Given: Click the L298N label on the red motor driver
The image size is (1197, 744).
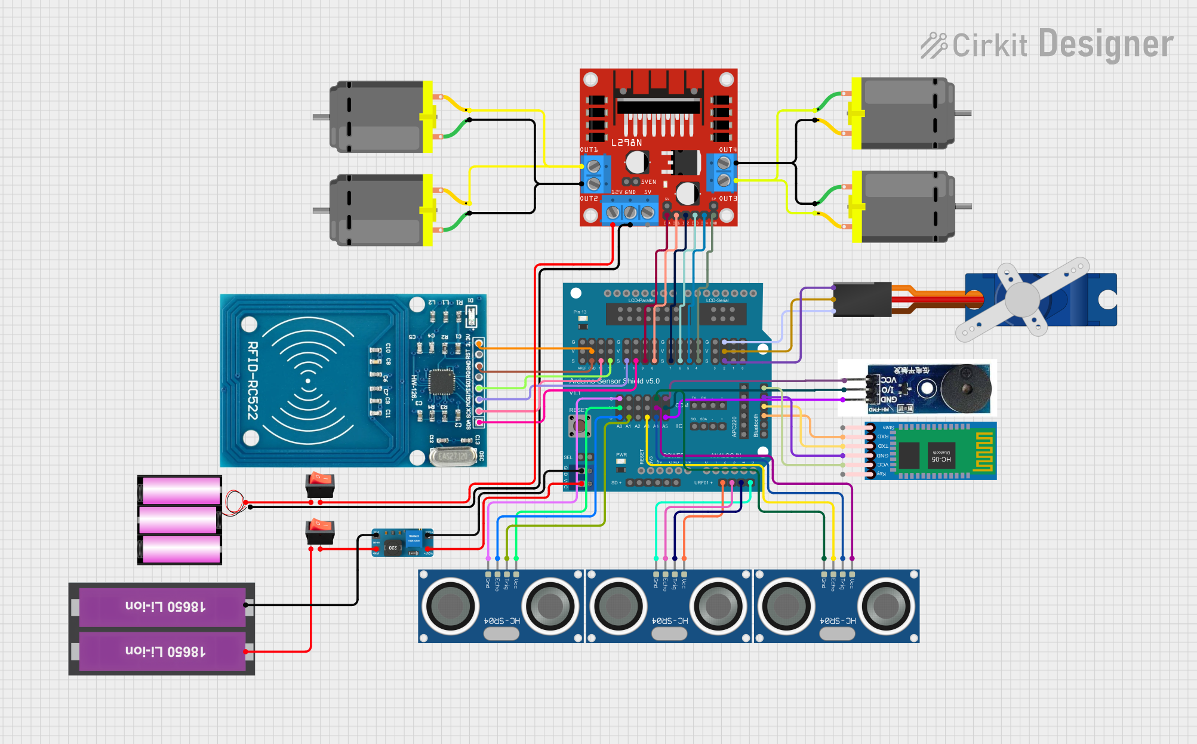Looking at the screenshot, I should (626, 143).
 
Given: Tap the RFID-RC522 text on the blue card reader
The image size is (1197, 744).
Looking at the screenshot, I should (253, 380).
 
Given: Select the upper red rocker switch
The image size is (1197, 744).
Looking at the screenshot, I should (320, 484).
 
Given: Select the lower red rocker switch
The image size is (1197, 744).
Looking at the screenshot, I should (320, 531).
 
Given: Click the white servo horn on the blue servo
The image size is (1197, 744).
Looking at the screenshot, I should (1023, 299).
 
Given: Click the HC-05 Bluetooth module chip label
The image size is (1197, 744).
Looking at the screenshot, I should (941, 459).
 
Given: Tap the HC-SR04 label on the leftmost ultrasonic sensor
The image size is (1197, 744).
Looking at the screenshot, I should (501, 621).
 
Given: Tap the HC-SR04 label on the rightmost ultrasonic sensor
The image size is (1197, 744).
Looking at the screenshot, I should (838, 621).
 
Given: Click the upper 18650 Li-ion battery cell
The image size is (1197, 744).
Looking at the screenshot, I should (162, 607).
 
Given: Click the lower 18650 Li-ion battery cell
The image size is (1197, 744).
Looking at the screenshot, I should (162, 651).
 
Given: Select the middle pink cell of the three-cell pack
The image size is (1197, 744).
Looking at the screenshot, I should (179, 520).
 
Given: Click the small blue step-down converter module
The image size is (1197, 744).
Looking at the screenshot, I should (402, 542).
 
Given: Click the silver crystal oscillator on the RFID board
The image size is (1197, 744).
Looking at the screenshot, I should (452, 456).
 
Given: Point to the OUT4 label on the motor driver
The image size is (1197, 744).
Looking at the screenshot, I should (728, 149).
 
